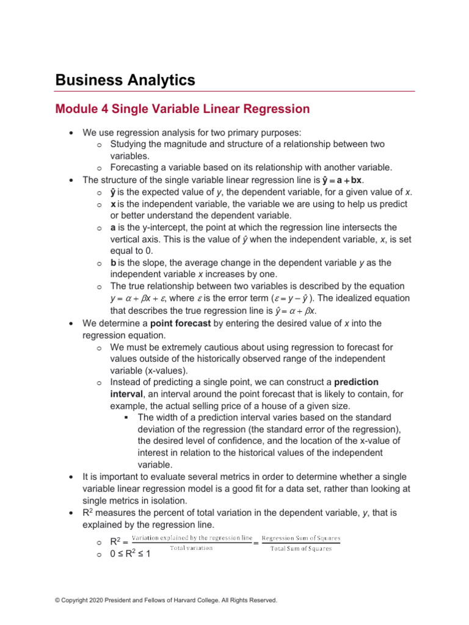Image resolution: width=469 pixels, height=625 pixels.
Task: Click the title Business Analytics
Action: [x=125, y=80]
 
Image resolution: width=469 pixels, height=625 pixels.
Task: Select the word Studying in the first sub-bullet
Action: [x=129, y=144]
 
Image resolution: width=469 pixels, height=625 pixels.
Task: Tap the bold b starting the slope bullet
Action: [x=114, y=262]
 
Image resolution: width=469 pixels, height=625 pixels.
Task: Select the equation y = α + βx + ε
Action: [x=144, y=298]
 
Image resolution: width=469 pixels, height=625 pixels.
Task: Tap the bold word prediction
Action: [x=356, y=382]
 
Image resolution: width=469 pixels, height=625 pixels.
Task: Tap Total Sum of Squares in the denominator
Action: [x=301, y=549]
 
